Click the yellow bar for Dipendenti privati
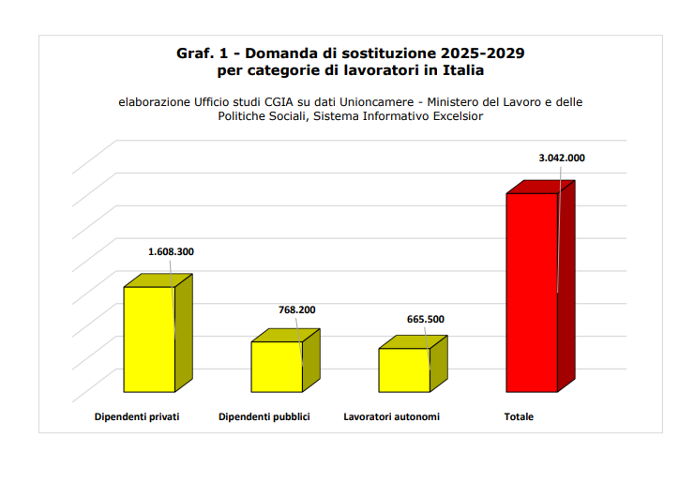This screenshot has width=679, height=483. point(149,339)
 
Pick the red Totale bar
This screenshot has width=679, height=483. point(532,292)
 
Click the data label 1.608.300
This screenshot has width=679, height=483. point(172,252)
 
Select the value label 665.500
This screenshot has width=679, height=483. point(425,319)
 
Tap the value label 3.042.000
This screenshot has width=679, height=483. point(561,158)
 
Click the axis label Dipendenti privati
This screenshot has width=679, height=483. point(137,416)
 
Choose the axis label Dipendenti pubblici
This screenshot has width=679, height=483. point(264,416)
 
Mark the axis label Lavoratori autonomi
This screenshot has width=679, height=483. point(392,416)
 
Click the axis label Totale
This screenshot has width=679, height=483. point(519,416)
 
